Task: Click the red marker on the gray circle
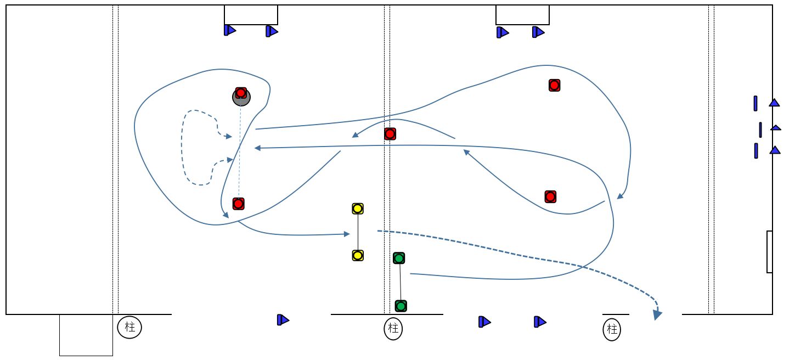(x=241, y=92)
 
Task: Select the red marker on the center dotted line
(x=390, y=133)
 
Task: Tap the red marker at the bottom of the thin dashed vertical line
(x=238, y=204)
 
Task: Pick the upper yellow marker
(x=358, y=209)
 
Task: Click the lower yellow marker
(x=358, y=255)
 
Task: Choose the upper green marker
(x=399, y=258)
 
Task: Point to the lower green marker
(x=401, y=306)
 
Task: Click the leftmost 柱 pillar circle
(x=129, y=328)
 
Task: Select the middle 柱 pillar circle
(x=393, y=329)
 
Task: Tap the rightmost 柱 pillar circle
(x=612, y=330)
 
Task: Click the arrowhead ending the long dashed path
(x=657, y=315)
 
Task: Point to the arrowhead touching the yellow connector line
(x=346, y=234)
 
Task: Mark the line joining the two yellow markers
(x=358, y=232)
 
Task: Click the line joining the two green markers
(x=400, y=282)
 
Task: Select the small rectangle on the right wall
(x=769, y=252)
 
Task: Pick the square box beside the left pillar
(x=86, y=335)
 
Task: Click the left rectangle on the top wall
(x=251, y=15)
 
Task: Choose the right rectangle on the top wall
(x=522, y=15)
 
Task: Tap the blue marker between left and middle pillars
(x=283, y=319)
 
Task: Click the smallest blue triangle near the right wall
(x=776, y=128)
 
